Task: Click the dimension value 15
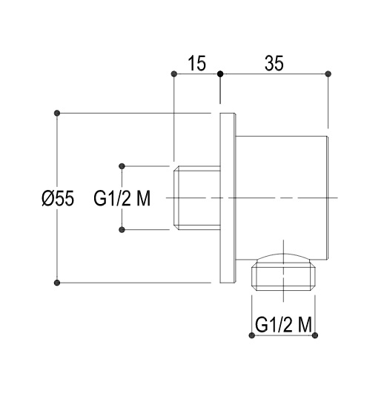[197, 63]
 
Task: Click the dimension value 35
[274, 63]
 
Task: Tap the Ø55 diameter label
[58, 198]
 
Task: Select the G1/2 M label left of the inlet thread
[122, 198]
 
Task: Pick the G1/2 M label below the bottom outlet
[283, 324]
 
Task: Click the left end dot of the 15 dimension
[173, 74]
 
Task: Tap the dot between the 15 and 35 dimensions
[220, 74]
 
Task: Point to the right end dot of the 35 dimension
[328, 74]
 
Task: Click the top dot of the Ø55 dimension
[57, 113]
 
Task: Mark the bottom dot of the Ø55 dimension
[57, 283]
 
